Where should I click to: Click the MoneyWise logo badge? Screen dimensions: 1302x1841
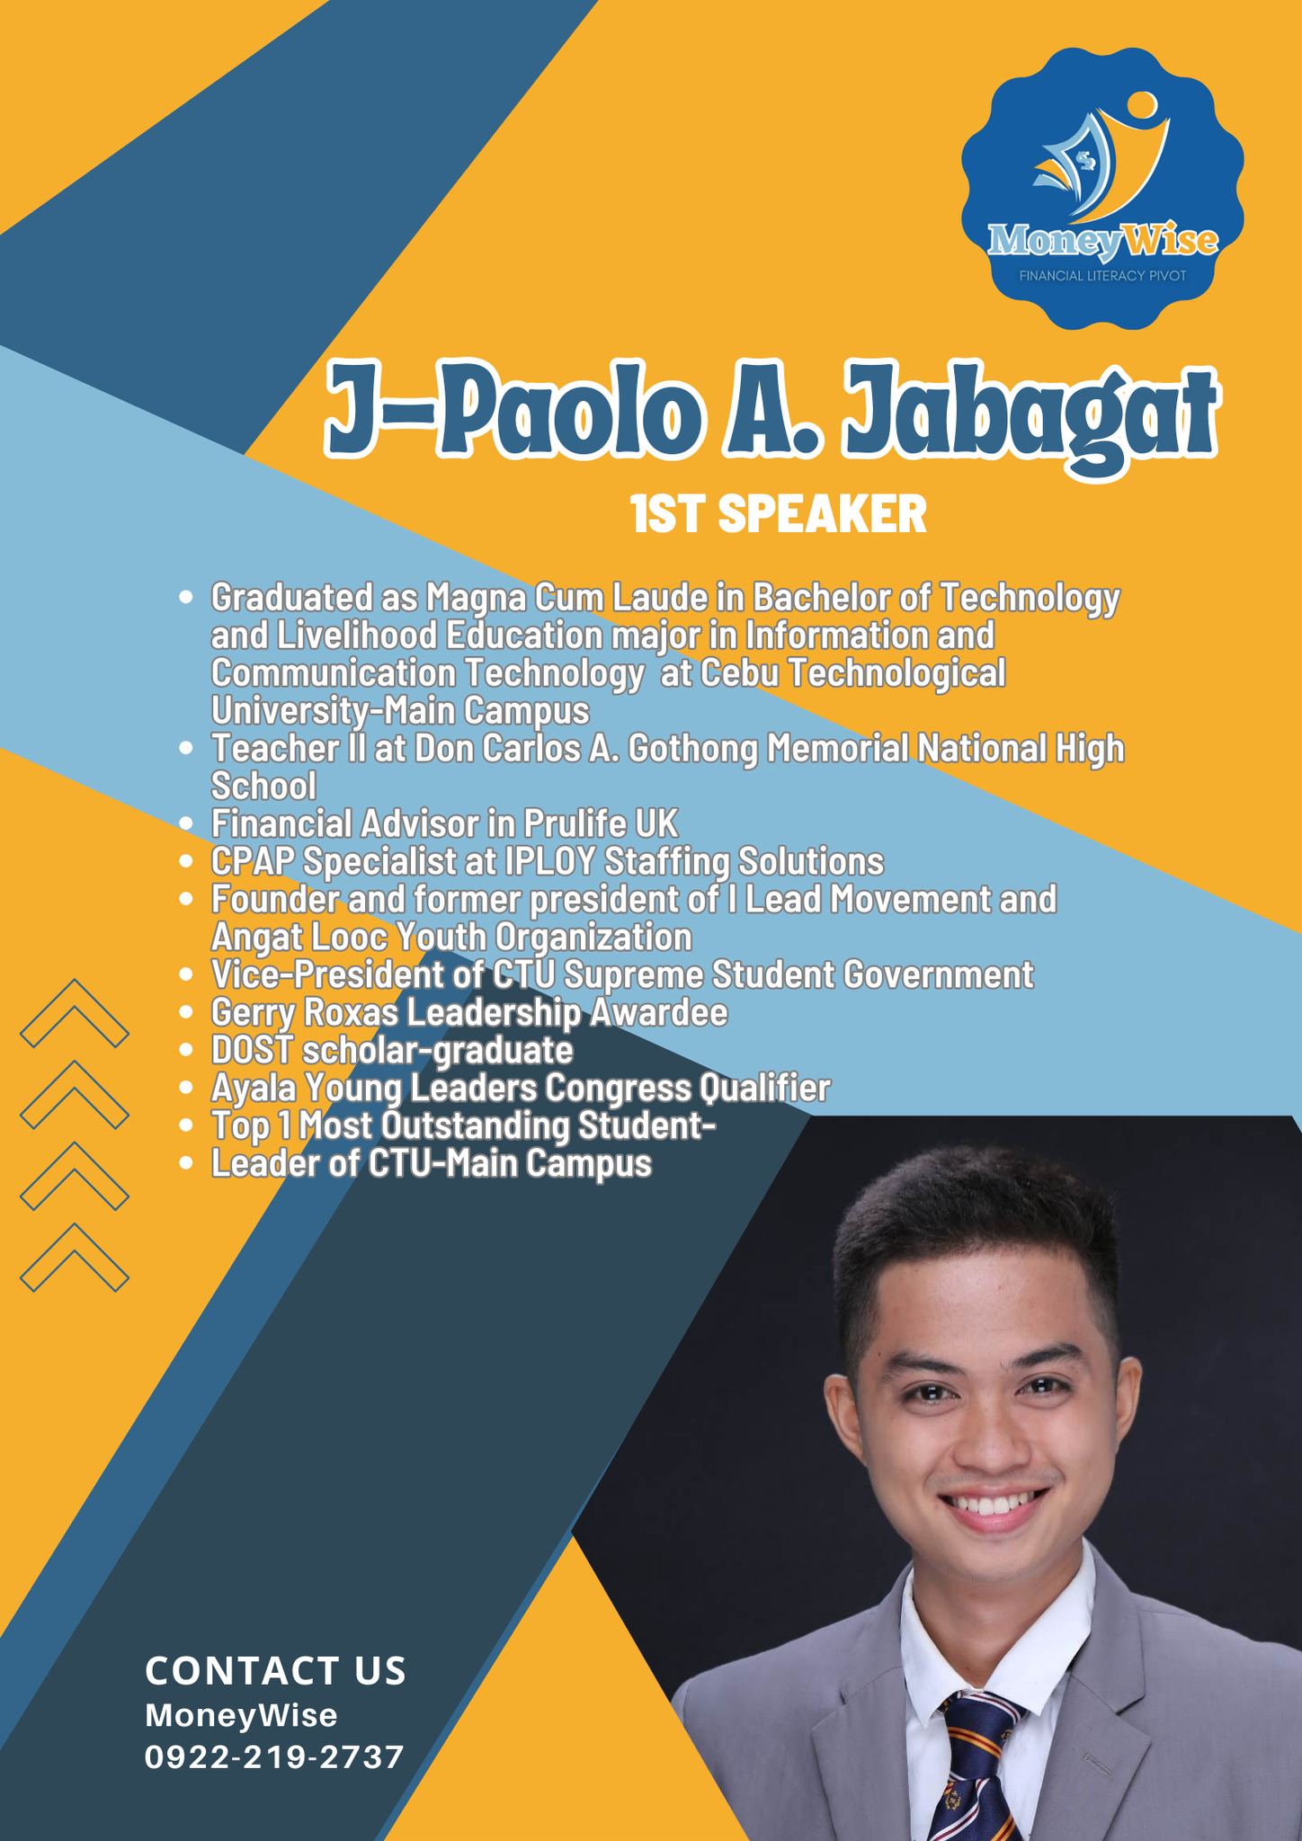click(1103, 189)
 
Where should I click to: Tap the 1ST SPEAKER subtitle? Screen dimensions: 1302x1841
click(779, 516)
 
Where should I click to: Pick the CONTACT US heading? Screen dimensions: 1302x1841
click(276, 1671)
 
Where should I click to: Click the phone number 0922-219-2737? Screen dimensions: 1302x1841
click(275, 1757)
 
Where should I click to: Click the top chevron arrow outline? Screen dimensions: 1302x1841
click(75, 1013)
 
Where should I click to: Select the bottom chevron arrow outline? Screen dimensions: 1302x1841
click(75, 1258)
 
